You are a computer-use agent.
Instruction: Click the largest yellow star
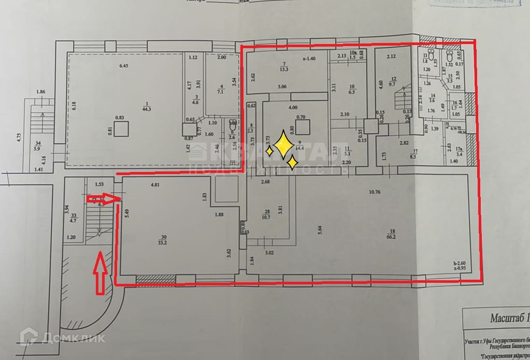tap(283, 146)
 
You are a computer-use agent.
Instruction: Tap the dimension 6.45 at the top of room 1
tap(124, 65)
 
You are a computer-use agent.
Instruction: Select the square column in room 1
tap(122, 128)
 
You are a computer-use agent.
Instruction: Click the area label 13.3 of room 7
tap(283, 69)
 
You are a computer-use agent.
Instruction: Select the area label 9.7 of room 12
tap(393, 83)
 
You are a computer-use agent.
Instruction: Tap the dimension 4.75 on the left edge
tap(19, 137)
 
